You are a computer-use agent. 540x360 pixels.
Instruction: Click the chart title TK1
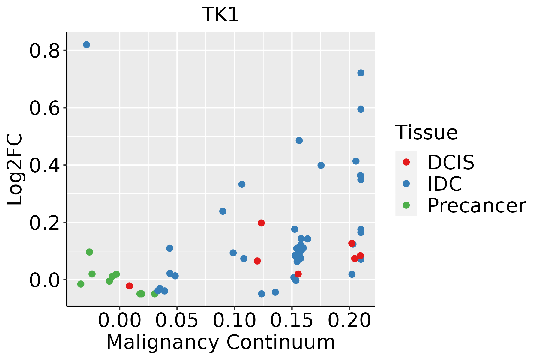[x=220, y=15]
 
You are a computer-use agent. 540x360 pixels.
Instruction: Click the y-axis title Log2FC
[x=15, y=169]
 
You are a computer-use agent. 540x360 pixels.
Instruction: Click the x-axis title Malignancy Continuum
[x=220, y=343]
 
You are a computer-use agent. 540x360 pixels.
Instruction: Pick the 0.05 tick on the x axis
[x=177, y=320]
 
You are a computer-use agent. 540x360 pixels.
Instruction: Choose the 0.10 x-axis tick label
[x=234, y=320]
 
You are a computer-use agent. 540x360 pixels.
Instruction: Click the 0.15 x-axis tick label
[x=292, y=320]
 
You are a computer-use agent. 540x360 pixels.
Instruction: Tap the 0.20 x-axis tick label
[x=349, y=320]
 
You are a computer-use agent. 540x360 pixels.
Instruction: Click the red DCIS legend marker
[x=406, y=162]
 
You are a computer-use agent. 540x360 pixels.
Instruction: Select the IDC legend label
[x=445, y=184]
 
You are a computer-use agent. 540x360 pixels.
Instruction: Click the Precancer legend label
[x=476, y=206]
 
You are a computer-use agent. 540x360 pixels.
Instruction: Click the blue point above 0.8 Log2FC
[x=87, y=45]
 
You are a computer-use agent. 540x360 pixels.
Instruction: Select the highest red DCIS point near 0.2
[x=261, y=223]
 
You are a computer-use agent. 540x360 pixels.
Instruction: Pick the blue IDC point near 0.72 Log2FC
[x=361, y=73]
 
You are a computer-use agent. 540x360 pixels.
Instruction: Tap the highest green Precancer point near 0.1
[x=89, y=252]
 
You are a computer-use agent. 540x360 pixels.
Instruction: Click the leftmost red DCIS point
[x=129, y=286]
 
